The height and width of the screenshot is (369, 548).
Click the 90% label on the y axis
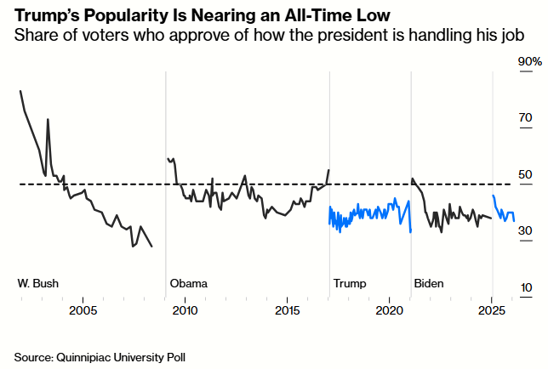point(531,62)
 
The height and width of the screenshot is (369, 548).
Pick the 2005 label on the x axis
point(83,310)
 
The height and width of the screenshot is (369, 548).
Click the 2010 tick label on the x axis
point(185,310)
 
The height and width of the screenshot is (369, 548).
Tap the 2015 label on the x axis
point(288,310)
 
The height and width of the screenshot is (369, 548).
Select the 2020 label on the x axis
point(389,310)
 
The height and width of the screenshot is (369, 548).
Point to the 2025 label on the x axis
point(492,310)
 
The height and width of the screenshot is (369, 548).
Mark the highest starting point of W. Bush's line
point(20,90)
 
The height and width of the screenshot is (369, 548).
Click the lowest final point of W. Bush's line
point(152,247)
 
